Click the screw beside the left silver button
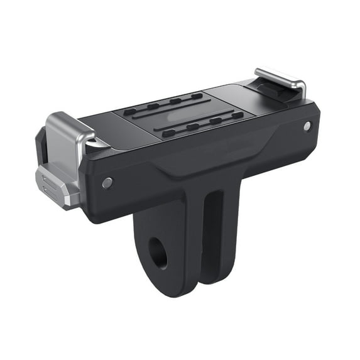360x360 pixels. tap(107, 183)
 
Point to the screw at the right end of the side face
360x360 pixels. tap(307, 126)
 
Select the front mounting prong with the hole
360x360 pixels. tap(165, 251)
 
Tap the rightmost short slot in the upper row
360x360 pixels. tap(197, 96)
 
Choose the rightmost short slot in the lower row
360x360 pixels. tap(237, 116)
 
